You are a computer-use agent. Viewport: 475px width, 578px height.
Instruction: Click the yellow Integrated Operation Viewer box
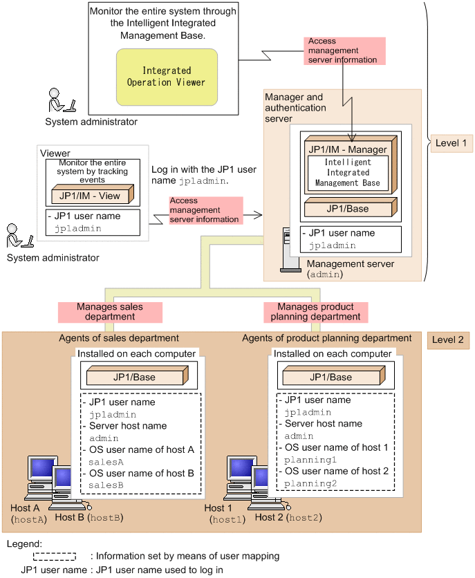click(x=167, y=77)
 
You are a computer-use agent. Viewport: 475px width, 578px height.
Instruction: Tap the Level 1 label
click(x=451, y=143)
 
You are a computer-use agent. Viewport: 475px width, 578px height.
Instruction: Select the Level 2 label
click(x=448, y=340)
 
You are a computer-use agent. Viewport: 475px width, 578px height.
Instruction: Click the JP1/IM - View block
click(x=92, y=194)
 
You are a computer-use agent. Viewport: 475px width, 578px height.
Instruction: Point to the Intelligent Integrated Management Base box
click(x=348, y=173)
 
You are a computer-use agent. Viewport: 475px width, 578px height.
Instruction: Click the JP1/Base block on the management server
click(x=351, y=207)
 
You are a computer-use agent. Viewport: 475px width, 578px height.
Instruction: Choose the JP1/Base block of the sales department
click(x=138, y=375)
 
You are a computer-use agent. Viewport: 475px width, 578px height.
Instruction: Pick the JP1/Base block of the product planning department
click(x=334, y=375)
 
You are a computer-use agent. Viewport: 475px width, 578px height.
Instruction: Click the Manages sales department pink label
click(x=110, y=312)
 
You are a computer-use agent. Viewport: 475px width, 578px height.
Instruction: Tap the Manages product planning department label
click(x=316, y=312)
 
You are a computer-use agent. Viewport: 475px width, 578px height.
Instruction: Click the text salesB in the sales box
click(x=106, y=485)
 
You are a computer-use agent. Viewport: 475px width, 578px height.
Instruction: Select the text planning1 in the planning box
click(x=310, y=460)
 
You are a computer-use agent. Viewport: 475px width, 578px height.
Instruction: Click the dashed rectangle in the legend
click(x=55, y=557)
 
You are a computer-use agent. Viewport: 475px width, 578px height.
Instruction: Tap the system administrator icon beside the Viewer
click(x=19, y=236)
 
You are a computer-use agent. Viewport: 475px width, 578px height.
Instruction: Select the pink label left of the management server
click(x=206, y=210)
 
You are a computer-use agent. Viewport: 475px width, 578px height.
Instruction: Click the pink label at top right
click(x=344, y=51)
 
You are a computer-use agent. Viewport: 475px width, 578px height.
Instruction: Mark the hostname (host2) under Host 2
click(x=304, y=518)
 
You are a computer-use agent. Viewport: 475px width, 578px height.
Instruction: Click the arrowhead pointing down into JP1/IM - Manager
click(x=351, y=138)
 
